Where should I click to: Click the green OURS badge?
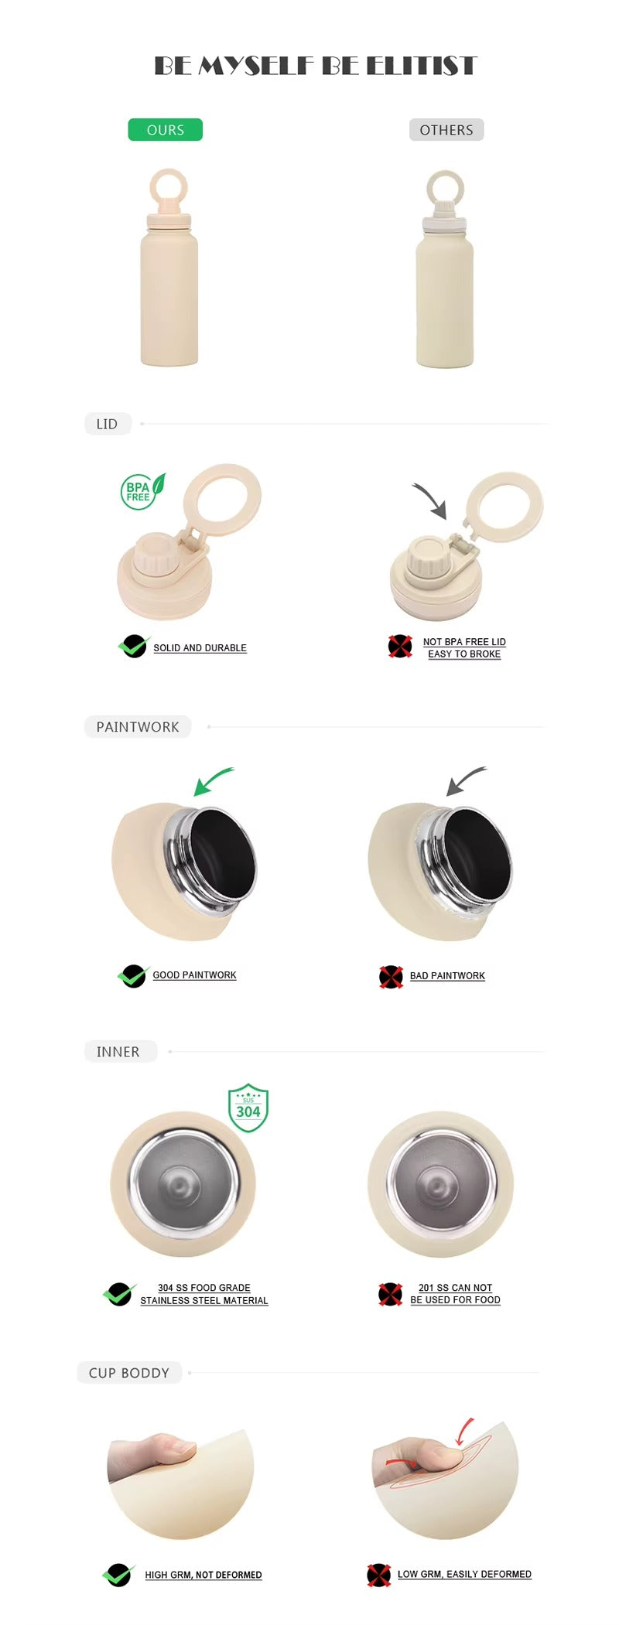pos(165,129)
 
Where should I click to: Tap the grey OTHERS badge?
pos(446,129)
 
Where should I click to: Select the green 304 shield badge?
pos(248,1108)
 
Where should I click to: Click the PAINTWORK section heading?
pos(138,727)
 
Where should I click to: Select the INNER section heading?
pos(118,1052)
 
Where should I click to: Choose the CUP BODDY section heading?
pos(129,1373)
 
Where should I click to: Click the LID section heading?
pos(107,424)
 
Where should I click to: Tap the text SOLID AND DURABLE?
pos(200,648)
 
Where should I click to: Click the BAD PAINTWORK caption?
pos(447,976)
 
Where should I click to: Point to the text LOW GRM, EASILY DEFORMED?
pos(464,1574)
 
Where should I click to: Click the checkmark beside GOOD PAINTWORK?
pos(133,976)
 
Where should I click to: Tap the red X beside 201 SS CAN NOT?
pos(390,1294)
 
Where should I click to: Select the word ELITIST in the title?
pos(422,66)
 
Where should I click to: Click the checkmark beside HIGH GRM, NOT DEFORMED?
pos(118,1575)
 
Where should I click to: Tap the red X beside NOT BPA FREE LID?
pos(400,646)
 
